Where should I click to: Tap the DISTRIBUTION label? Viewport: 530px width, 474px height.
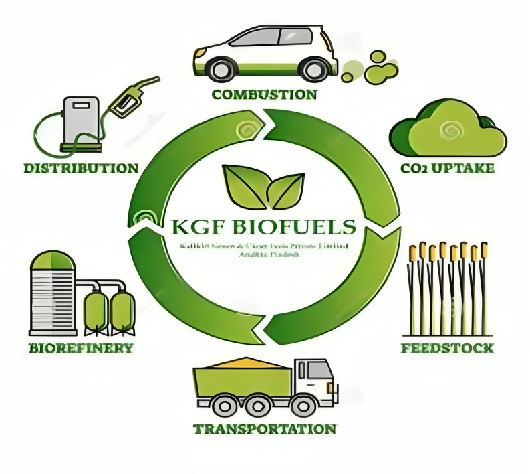coord(81,167)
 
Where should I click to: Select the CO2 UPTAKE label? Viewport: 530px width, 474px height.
coord(447,168)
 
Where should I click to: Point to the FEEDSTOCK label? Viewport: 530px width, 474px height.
coord(447,348)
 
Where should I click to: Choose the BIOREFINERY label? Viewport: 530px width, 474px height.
coord(81,348)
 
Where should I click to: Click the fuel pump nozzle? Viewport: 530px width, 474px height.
coord(134,98)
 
